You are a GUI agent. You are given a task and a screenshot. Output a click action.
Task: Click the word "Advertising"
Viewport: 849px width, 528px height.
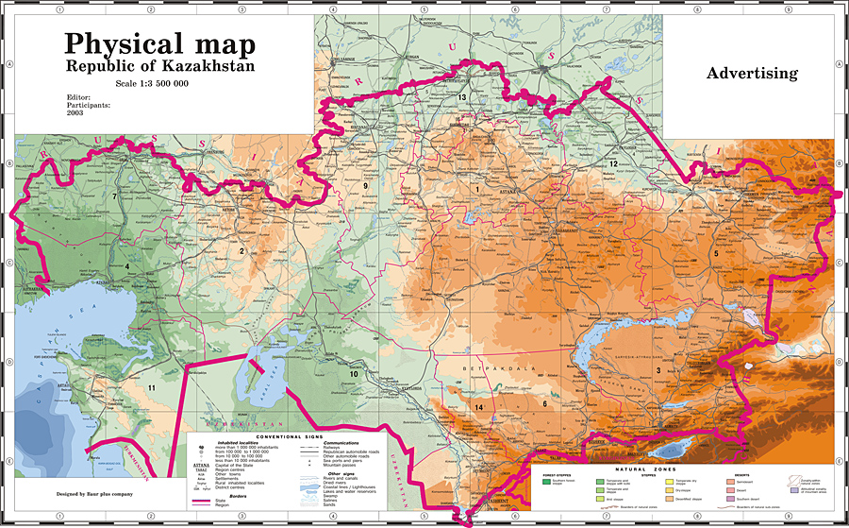pyautogui.click(x=752, y=73)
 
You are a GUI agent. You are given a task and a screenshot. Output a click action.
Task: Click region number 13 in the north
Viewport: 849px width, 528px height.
pyautogui.click(x=462, y=97)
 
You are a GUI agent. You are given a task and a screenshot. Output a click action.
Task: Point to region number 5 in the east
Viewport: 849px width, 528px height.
pyautogui.click(x=716, y=254)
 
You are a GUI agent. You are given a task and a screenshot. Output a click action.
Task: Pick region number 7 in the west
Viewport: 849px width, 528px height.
pyautogui.click(x=114, y=196)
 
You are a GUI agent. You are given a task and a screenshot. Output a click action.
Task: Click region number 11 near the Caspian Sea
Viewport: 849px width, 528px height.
pyautogui.click(x=150, y=388)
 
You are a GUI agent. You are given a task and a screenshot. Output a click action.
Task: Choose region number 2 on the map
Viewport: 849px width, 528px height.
pyautogui.click(x=241, y=251)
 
